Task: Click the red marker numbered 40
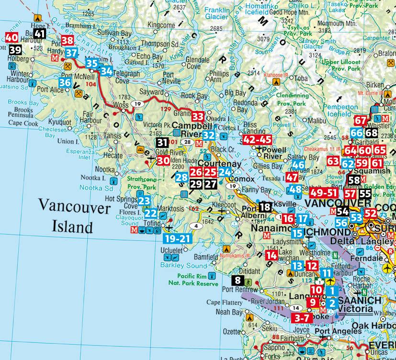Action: point(11,37)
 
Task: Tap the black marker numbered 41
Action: point(40,34)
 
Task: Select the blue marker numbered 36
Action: point(66,83)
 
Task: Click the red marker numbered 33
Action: point(197,116)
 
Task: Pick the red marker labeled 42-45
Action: point(258,139)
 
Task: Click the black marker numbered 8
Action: point(238,281)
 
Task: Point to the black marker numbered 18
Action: point(265,207)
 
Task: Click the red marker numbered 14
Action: point(272,256)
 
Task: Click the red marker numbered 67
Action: point(361,121)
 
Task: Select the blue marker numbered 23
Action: point(145,201)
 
